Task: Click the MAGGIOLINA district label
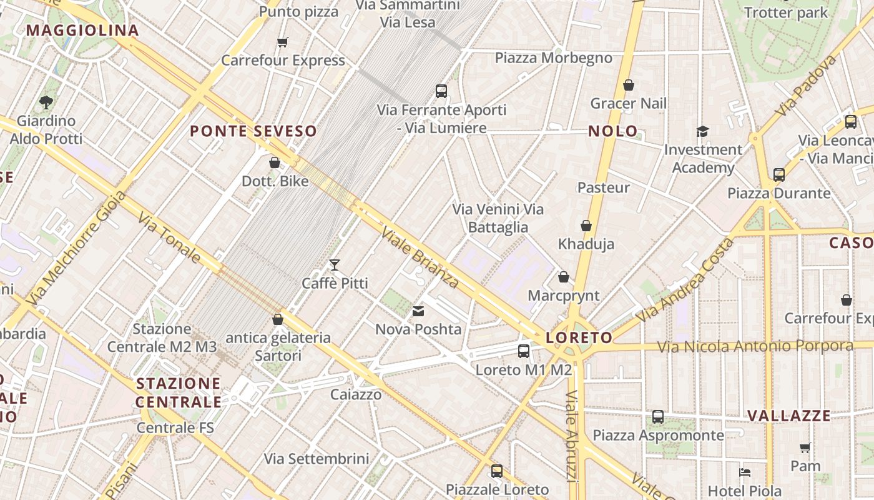(x=82, y=30)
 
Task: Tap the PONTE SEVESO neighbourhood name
(x=253, y=131)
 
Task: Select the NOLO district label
(x=613, y=131)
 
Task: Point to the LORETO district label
(x=579, y=338)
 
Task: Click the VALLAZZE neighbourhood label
(x=789, y=416)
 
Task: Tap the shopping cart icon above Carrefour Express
(x=283, y=42)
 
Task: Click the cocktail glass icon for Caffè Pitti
(x=335, y=265)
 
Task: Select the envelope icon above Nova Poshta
(x=418, y=311)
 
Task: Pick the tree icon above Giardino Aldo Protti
(x=46, y=102)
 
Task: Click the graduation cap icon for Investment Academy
(x=703, y=131)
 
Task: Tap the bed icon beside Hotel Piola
(x=744, y=472)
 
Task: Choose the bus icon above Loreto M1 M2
(x=524, y=351)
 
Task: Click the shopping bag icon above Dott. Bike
(x=275, y=162)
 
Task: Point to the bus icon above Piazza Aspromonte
(x=658, y=417)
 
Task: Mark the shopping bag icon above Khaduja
(x=586, y=226)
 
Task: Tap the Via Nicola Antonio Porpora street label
(x=755, y=346)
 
